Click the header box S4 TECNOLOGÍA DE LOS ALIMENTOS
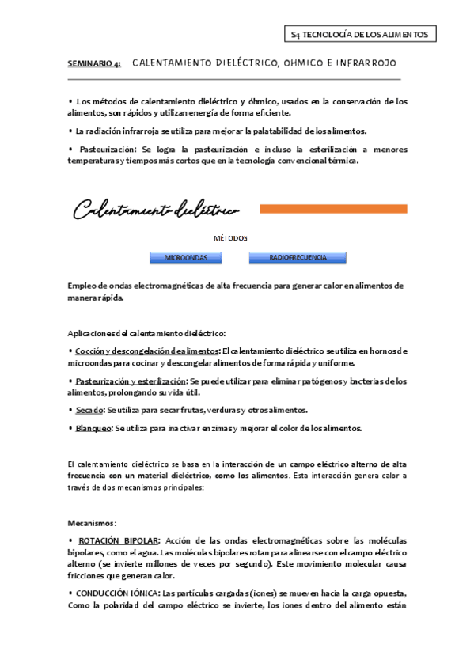point(360,34)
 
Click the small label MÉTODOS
point(230,237)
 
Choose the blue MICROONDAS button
point(186,257)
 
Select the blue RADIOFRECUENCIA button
point(298,257)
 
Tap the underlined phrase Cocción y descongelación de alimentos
point(147,351)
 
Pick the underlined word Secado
point(89,410)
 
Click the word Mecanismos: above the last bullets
point(92,523)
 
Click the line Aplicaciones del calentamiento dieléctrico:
point(148,333)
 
